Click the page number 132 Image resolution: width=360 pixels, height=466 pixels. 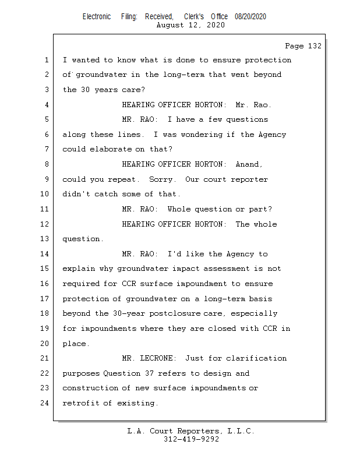(x=313, y=46)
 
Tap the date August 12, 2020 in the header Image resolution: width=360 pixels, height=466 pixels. (x=191, y=25)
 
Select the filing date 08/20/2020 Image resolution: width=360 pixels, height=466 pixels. (x=250, y=16)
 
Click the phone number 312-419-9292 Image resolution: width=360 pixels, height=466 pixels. (x=191, y=439)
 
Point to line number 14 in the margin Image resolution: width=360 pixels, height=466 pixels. (x=46, y=254)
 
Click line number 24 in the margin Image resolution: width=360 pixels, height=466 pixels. (x=46, y=403)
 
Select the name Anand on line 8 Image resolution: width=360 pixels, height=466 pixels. (x=249, y=164)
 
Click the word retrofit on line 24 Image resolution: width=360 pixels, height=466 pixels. (x=80, y=403)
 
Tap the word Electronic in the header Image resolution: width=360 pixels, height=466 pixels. (x=97, y=16)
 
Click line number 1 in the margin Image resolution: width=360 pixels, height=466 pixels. (x=46, y=60)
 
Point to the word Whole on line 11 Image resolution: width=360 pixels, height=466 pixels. (x=178, y=209)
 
